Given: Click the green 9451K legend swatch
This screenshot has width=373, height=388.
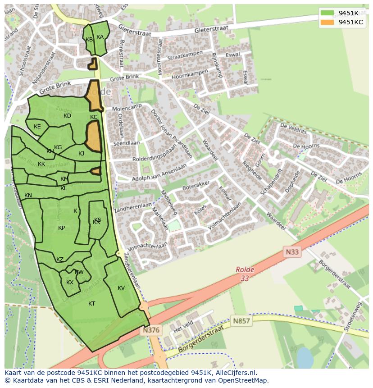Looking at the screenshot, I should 328,13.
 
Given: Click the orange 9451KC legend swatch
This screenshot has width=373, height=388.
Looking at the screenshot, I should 328,22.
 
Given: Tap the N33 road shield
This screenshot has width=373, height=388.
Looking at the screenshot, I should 291,252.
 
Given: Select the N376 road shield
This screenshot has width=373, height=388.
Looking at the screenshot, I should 150,330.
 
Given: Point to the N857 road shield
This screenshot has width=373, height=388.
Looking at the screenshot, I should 241,321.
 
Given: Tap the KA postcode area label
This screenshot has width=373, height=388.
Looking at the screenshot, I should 100,37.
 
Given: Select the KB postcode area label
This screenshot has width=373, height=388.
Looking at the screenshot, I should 89,40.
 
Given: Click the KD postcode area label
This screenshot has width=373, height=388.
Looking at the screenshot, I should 67,116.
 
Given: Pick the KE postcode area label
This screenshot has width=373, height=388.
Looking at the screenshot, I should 37,127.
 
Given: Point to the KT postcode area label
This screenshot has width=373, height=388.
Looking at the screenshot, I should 92,304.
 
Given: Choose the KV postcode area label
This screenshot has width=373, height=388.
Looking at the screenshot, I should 121,288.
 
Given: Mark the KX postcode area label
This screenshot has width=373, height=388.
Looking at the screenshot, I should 70,283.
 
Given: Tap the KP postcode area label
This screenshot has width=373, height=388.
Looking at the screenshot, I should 62,228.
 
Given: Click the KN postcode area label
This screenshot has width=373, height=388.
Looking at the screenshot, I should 28,196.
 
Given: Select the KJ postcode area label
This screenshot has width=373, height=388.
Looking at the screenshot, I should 82,154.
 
